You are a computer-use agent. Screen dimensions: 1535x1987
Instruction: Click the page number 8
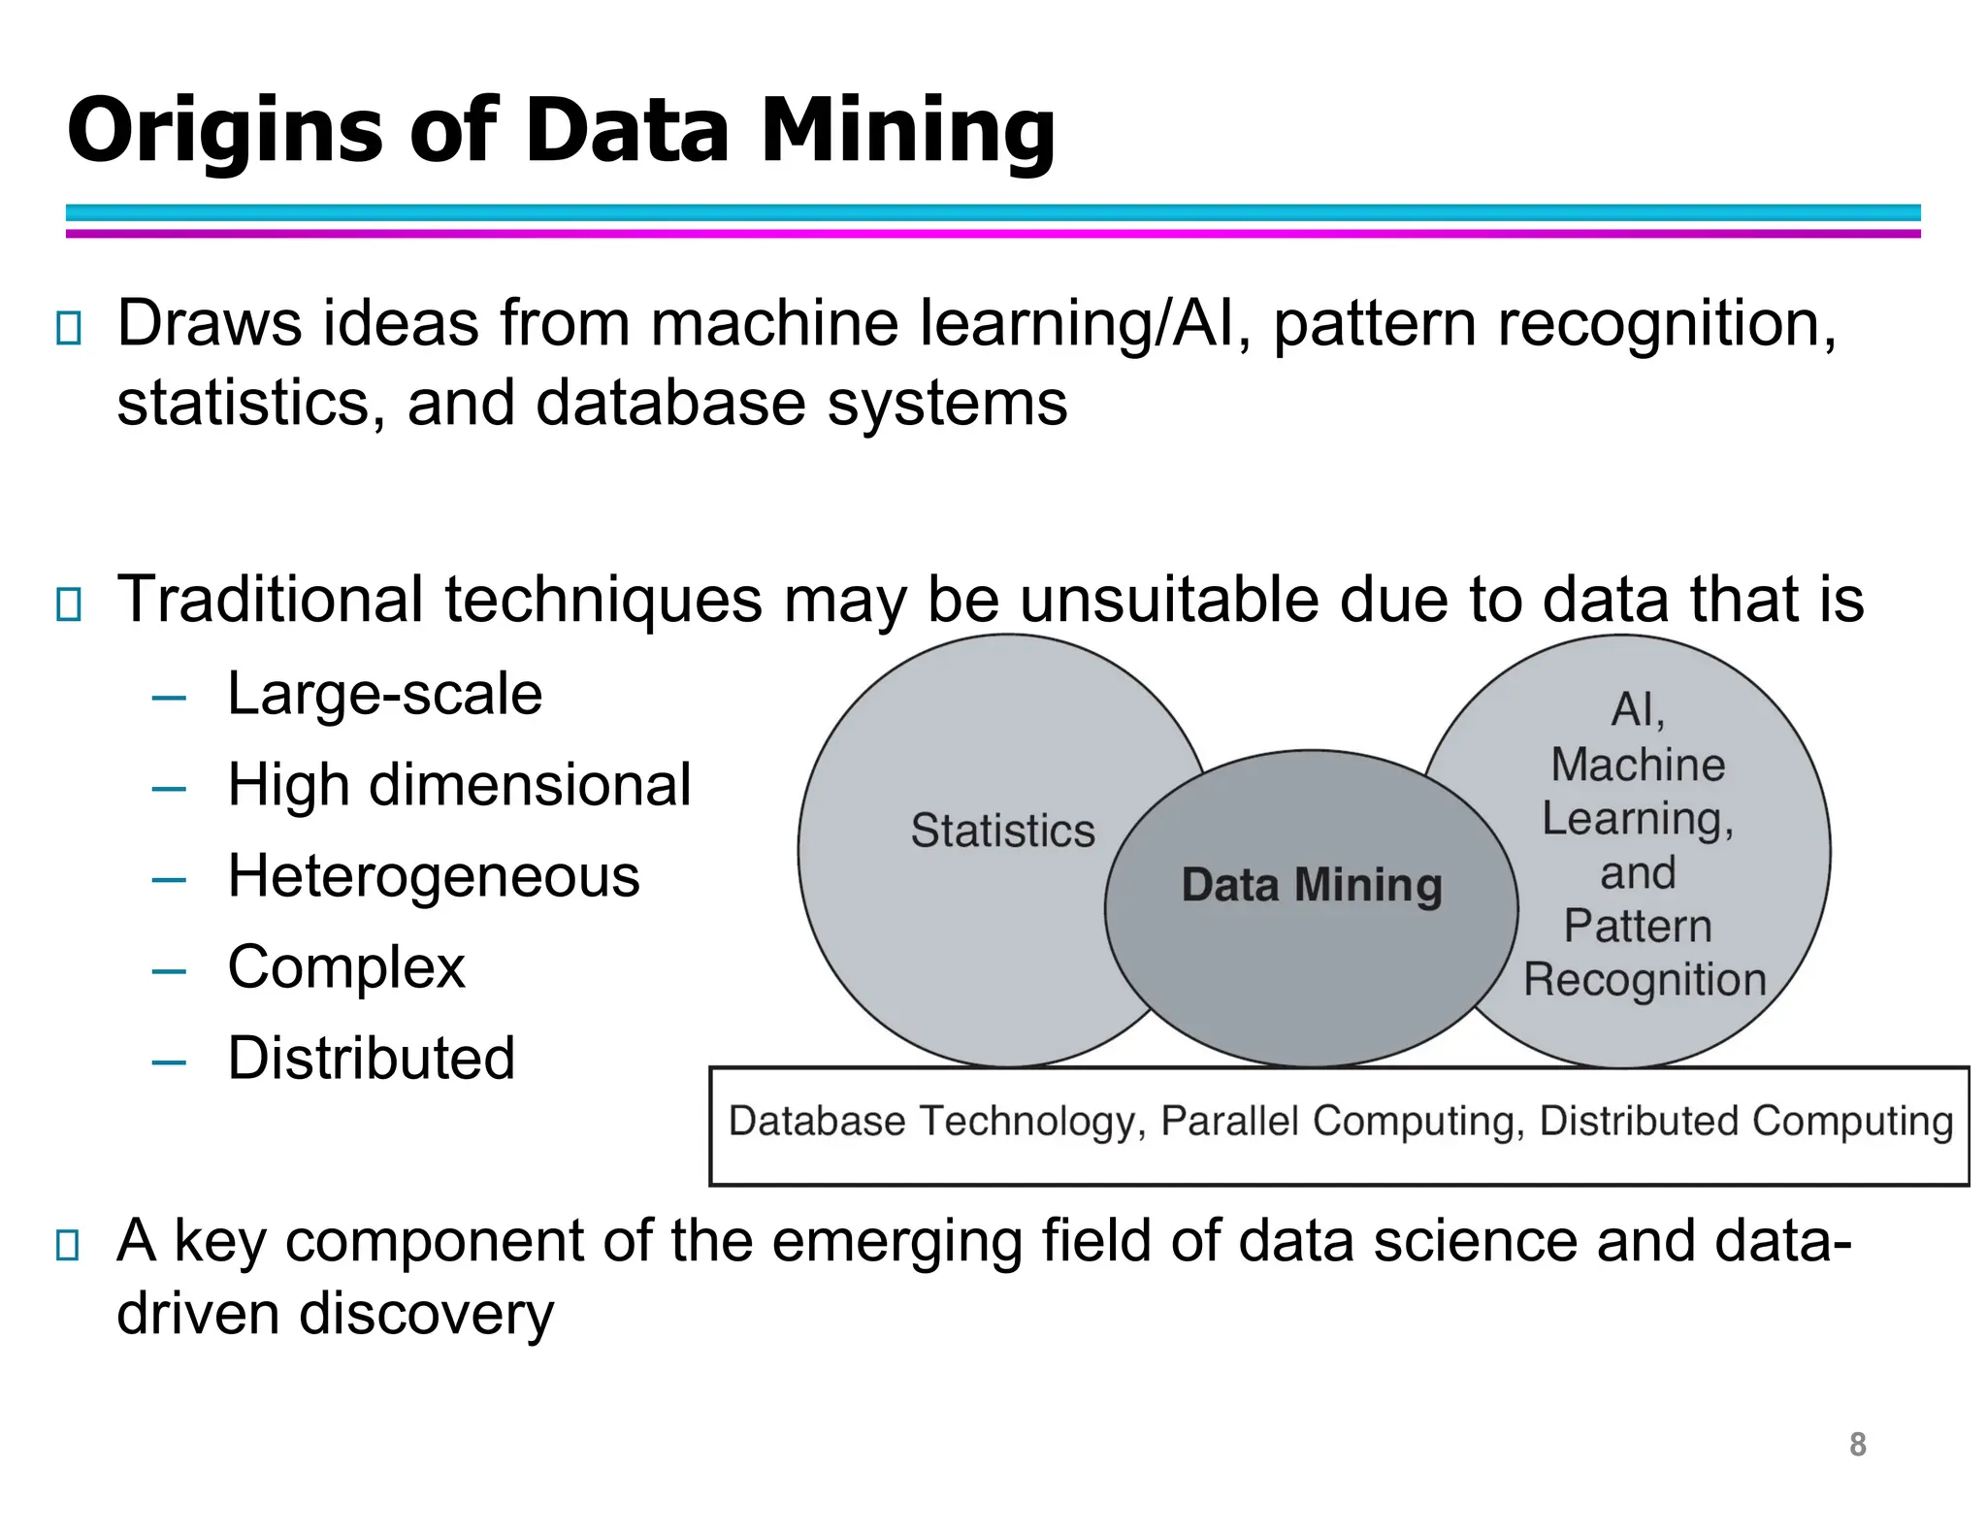pyautogui.click(x=1857, y=1445)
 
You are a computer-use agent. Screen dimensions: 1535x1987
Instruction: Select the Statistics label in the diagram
pyautogui.click(x=1002, y=832)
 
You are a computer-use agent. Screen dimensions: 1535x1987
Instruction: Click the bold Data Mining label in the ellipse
pyautogui.click(x=1312, y=885)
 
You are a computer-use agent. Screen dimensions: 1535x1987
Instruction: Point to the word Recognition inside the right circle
pyautogui.click(x=1645, y=980)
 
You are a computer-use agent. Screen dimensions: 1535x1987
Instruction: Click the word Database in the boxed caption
pyautogui.click(x=817, y=1122)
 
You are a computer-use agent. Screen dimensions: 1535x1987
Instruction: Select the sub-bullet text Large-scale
pyautogui.click(x=384, y=695)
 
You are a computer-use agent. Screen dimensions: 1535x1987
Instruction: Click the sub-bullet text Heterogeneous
pyautogui.click(x=434, y=876)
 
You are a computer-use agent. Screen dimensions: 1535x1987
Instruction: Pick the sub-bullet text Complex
pyautogui.click(x=346, y=967)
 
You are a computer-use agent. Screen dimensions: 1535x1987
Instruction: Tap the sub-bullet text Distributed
pyautogui.click(x=371, y=1059)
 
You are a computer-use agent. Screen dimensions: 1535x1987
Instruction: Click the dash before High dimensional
pyautogui.click(x=169, y=789)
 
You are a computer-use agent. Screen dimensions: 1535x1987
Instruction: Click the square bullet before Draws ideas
pyautogui.click(x=68, y=329)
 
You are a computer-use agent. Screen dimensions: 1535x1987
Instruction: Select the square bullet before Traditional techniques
pyautogui.click(x=68, y=604)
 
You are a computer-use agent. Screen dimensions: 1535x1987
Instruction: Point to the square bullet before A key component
pyautogui.click(x=68, y=1245)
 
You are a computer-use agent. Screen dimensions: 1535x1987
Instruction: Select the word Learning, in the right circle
pyautogui.click(x=1638, y=819)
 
